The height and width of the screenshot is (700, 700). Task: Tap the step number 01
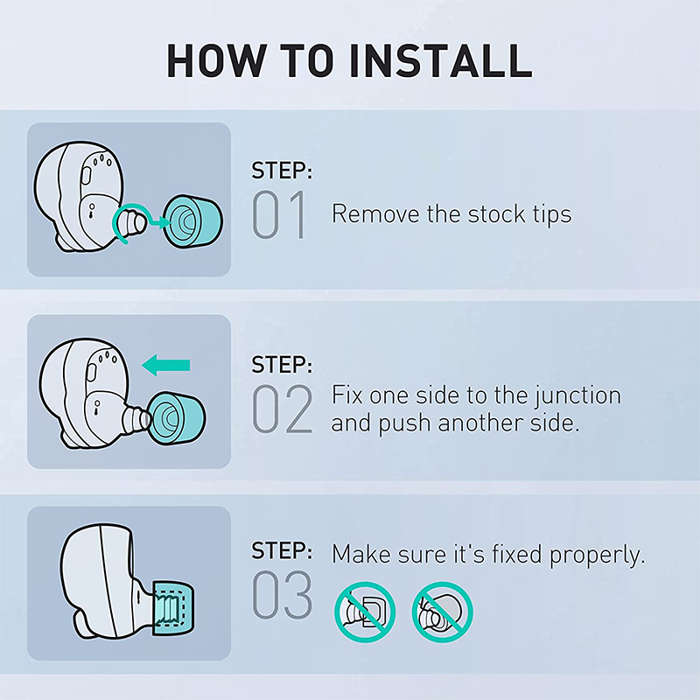click(x=280, y=214)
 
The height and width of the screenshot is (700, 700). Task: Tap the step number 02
click(x=282, y=409)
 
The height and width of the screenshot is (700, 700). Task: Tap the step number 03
click(x=282, y=594)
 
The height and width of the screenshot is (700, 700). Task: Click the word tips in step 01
click(x=552, y=214)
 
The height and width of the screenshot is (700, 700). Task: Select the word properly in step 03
click(x=597, y=556)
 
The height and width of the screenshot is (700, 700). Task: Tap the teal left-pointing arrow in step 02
click(x=166, y=365)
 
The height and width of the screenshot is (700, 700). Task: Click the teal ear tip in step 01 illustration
click(x=192, y=221)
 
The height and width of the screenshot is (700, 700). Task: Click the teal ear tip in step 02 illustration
click(x=178, y=417)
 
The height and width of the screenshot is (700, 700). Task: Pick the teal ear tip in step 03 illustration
click(x=173, y=608)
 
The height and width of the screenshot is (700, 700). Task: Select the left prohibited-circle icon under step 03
click(x=365, y=612)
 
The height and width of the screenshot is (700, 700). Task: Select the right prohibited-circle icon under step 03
click(x=443, y=612)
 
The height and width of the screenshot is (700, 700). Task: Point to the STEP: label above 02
click(x=282, y=364)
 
